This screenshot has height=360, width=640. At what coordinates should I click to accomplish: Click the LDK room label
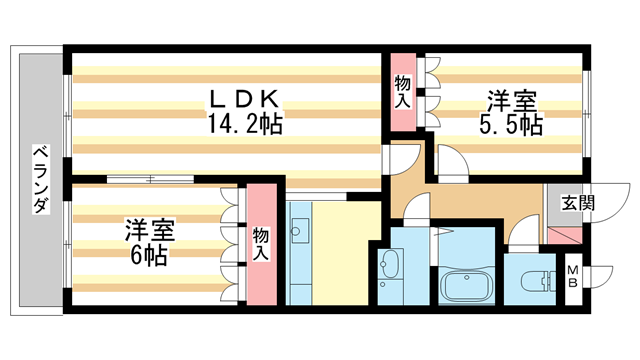(244, 100)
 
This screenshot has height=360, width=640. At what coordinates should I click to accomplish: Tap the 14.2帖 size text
(244, 124)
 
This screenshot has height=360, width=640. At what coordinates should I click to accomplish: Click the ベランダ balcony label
(40, 180)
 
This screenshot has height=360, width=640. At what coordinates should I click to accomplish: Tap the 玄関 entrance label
(577, 203)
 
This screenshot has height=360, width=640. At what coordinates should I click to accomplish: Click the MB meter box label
(574, 276)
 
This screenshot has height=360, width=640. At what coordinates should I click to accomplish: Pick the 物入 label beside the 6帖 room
(260, 244)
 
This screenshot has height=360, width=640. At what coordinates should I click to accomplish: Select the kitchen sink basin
(297, 232)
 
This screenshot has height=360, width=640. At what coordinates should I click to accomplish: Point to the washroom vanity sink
(390, 266)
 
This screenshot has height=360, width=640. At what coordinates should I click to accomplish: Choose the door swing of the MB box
(593, 278)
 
